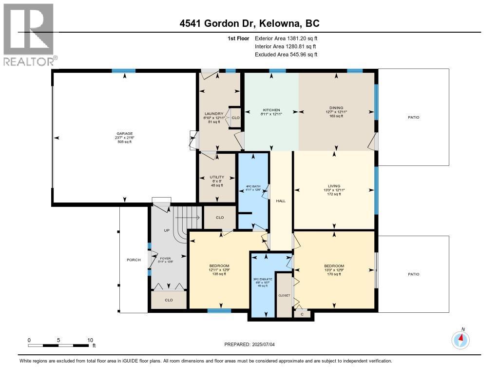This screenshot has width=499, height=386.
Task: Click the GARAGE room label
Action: click(124, 134)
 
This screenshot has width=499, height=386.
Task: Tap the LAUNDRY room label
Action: click(214, 114)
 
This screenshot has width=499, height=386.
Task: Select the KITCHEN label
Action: click(271, 109)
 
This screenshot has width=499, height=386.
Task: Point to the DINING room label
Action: click(336, 108)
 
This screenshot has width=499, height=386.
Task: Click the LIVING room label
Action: click(334, 185)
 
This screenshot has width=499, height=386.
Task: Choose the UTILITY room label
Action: click(216, 177)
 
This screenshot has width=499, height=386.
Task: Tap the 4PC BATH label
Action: click(252, 186)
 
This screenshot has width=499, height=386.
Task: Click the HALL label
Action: click(281, 201)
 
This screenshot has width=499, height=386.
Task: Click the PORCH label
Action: click(134, 260)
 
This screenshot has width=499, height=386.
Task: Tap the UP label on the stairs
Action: click(166, 230)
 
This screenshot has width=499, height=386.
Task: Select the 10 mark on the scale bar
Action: click(90, 340)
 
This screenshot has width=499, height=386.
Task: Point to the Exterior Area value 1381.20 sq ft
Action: click(300, 38)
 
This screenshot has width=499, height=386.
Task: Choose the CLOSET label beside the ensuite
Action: click(284, 295)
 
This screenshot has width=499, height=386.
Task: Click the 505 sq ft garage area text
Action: click(124, 142)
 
